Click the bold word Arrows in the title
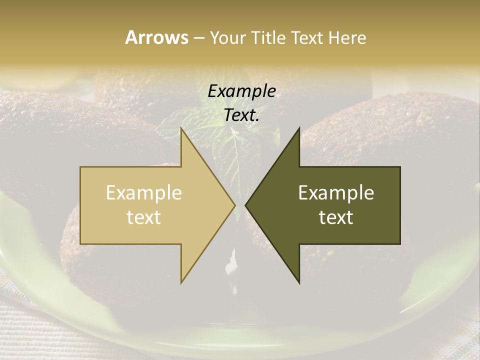[x=156, y=37]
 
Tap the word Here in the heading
[x=347, y=37]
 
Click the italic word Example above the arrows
[x=241, y=91]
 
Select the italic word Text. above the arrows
[x=241, y=115]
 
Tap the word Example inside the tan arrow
[x=144, y=192]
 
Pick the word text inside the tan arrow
[x=144, y=217]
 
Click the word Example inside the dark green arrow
[x=336, y=192]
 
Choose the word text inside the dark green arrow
[x=336, y=217]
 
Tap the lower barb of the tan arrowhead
[x=182, y=280]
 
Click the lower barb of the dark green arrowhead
[x=298, y=280]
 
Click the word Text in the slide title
[x=307, y=37]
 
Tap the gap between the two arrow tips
[x=240, y=205]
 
